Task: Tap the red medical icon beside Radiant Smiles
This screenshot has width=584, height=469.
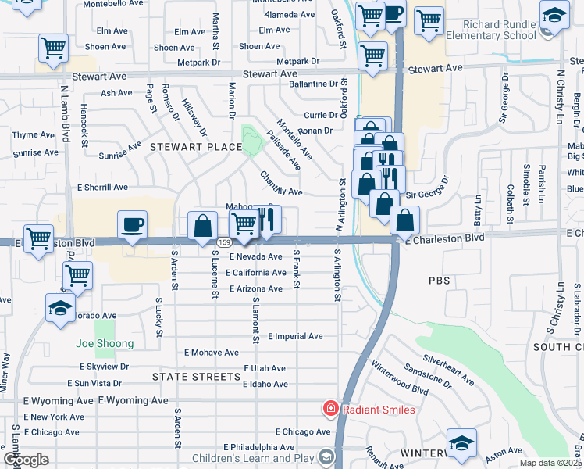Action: pyautogui.click(x=331, y=409)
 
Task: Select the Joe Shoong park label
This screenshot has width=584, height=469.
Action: pyautogui.click(x=105, y=343)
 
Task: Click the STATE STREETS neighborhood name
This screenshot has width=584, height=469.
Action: pyautogui.click(x=196, y=377)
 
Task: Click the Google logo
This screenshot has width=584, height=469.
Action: pyautogui.click(x=26, y=460)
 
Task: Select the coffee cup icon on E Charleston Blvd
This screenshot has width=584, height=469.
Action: pyautogui.click(x=132, y=225)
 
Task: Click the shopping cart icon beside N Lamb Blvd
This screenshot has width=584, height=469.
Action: pyautogui.click(x=53, y=48)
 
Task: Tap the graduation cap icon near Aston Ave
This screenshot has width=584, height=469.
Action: pyautogui.click(x=462, y=442)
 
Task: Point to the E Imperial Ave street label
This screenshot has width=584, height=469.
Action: pyautogui.click(x=295, y=336)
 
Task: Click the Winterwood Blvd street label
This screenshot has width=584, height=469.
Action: pyautogui.click(x=400, y=378)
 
